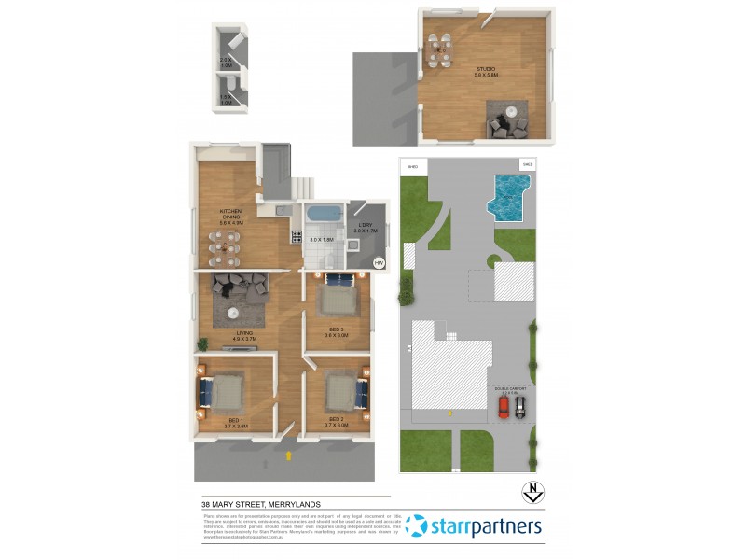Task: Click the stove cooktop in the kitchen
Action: pyautogui.click(x=297, y=237)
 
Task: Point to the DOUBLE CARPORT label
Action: pyautogui.click(x=512, y=388)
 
